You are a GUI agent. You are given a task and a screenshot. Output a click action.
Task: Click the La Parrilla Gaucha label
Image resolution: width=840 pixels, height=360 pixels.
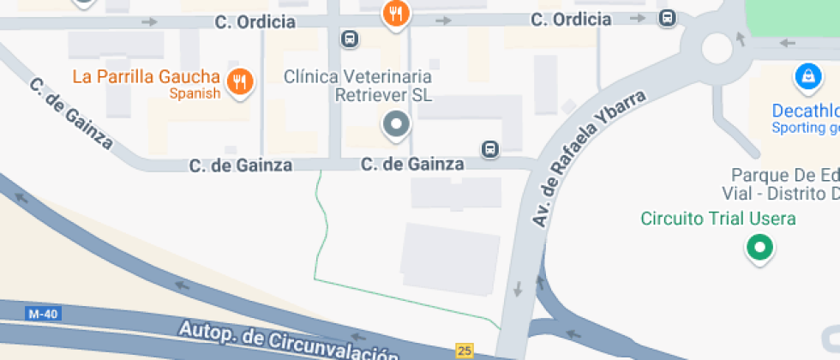coord(146,76)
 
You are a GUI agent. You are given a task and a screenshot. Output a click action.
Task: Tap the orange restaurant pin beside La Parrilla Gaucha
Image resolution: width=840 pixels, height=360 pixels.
coord(241,81)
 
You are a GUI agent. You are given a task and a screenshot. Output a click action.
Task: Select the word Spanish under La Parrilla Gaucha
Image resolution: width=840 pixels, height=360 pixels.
coord(195,93)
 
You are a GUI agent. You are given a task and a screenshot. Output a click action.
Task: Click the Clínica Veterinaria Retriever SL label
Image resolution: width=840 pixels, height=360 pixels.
coord(358,86)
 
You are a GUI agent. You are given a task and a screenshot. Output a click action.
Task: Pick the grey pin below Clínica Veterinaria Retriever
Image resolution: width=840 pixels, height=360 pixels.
coord(396,125)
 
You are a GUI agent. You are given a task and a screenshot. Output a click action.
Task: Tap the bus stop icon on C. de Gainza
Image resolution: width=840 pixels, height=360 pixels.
coord(489,149)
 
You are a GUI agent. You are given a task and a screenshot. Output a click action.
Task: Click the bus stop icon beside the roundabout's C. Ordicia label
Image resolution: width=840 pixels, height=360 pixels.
coord(668,17)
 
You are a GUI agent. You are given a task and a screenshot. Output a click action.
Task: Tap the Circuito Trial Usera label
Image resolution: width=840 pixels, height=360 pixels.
coord(718,219)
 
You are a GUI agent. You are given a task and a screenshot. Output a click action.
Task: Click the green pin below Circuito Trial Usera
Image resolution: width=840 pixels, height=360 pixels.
coord(759,249)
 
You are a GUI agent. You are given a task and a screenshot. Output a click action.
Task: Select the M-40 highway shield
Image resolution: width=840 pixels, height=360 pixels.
coord(43,314)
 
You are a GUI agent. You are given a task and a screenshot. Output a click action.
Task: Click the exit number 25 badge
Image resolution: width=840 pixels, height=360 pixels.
coord(465,350)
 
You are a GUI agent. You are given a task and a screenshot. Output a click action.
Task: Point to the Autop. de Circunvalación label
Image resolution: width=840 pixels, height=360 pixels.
coord(288,341)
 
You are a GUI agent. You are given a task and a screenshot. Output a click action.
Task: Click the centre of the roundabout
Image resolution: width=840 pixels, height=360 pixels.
coord(717,48)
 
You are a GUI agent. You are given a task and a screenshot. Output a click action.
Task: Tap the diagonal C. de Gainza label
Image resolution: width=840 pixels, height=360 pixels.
coord(71,113)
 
